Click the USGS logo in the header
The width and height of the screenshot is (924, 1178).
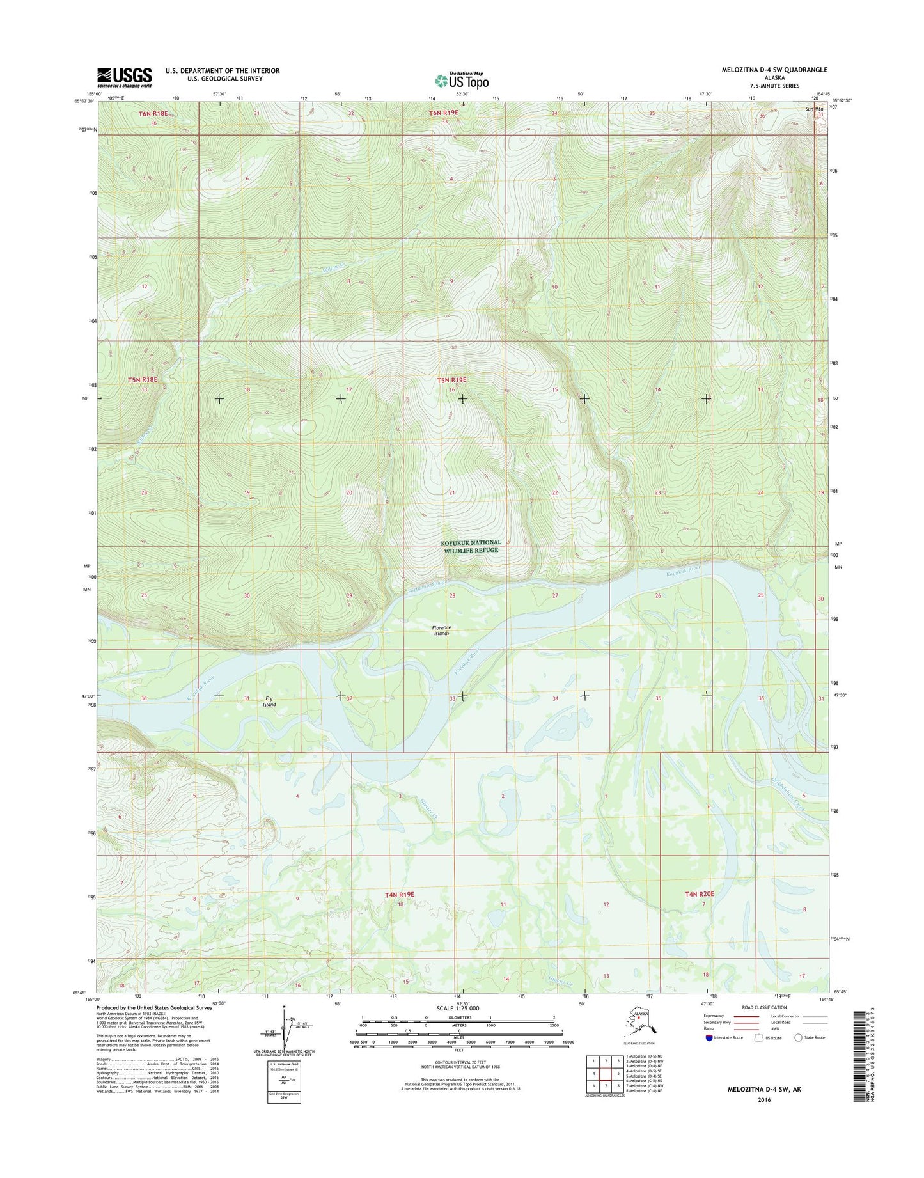[x=125, y=77]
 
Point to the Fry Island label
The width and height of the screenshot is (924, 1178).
[x=270, y=702]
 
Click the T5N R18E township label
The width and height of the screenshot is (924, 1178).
[x=142, y=380]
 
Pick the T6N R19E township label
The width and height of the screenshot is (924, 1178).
[x=443, y=113]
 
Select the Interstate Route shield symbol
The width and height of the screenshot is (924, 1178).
[x=708, y=1038]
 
